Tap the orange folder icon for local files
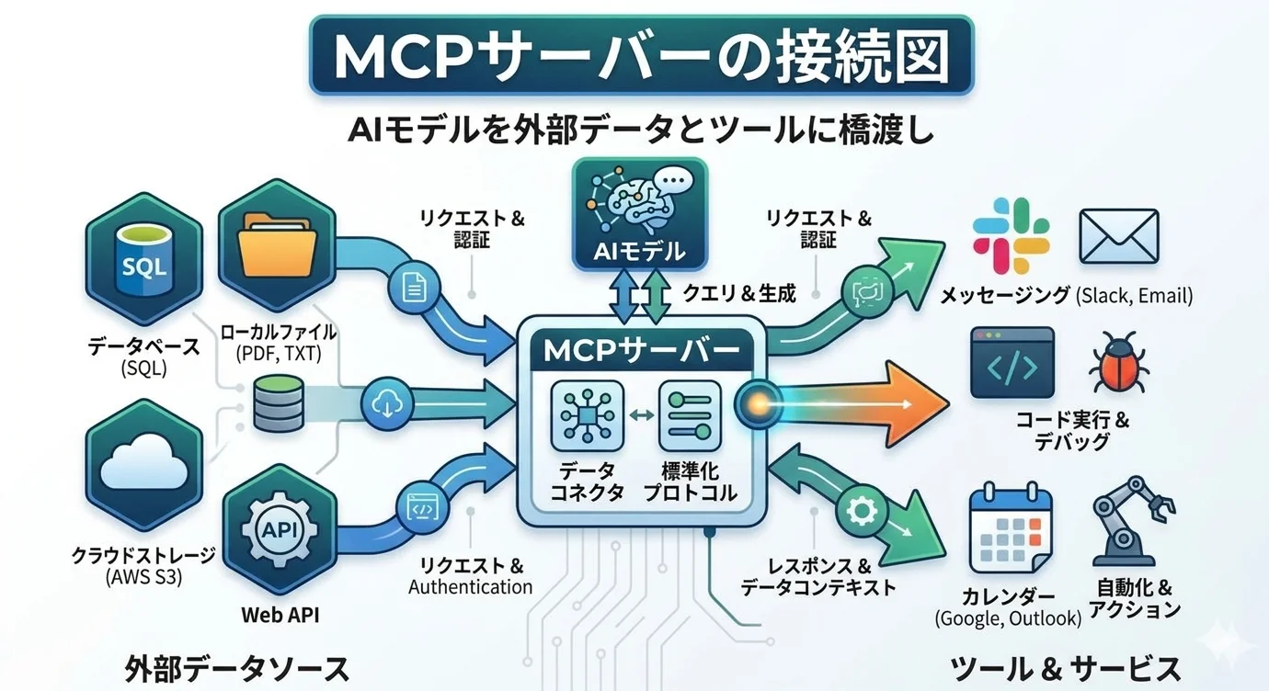[x=277, y=244]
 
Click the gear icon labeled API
[x=277, y=530]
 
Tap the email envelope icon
[x=1119, y=236]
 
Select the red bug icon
[x=1115, y=366]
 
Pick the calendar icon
[x=1012, y=531]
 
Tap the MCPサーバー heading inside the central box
[x=641, y=351]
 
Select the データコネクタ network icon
[x=587, y=415]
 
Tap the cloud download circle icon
[x=385, y=402]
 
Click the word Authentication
[x=470, y=586]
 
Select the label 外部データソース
[x=236, y=668]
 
